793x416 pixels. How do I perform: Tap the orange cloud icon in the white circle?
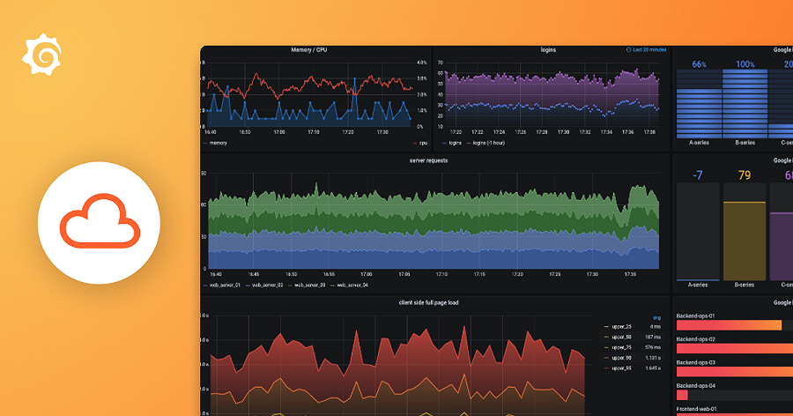click(x=99, y=221)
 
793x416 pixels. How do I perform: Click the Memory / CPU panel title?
click(x=315, y=50)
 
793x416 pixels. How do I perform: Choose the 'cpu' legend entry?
click(x=422, y=142)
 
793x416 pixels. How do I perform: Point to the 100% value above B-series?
click(x=745, y=64)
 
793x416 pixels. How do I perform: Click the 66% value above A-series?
click(x=700, y=64)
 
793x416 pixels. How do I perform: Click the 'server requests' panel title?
click(x=429, y=160)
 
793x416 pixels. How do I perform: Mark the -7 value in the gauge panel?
click(x=698, y=175)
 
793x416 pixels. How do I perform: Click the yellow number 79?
click(x=745, y=175)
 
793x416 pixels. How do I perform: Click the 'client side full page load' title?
click(x=429, y=302)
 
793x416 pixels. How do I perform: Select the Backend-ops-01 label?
click(x=695, y=315)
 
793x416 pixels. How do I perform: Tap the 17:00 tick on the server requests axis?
click(x=365, y=274)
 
